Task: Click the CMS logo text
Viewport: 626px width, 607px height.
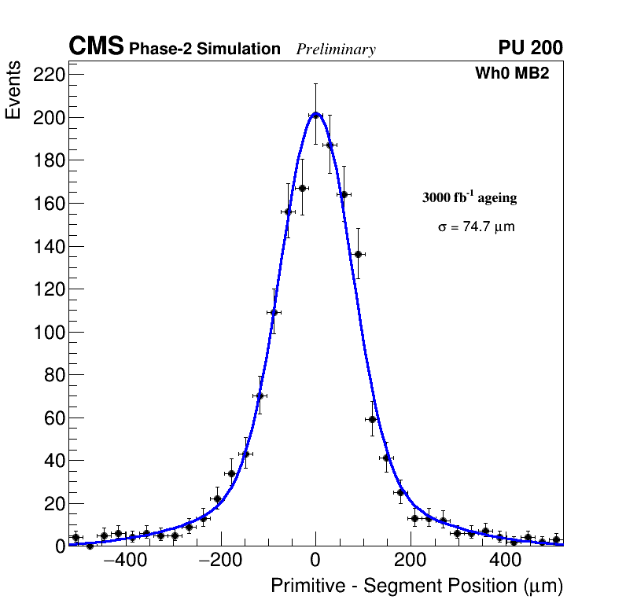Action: pos(96,47)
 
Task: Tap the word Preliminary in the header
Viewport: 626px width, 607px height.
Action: pos(336,50)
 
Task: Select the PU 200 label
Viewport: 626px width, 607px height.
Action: pos(530,48)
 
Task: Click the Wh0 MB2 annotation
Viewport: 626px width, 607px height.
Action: pos(511,73)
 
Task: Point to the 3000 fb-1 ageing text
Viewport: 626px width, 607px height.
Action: pos(469,197)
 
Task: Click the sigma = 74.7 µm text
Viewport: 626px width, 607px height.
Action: pos(476,227)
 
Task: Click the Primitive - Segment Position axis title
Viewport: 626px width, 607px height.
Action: pos(417,587)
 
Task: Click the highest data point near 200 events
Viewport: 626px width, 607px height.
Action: pos(315,115)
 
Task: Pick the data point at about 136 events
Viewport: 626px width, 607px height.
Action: pos(358,254)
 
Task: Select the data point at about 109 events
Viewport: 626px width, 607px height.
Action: pos(274,312)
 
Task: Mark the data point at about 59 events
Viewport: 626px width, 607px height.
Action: pos(372,419)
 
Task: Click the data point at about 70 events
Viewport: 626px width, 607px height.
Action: pos(260,395)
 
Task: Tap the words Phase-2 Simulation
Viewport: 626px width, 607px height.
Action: pos(204,50)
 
